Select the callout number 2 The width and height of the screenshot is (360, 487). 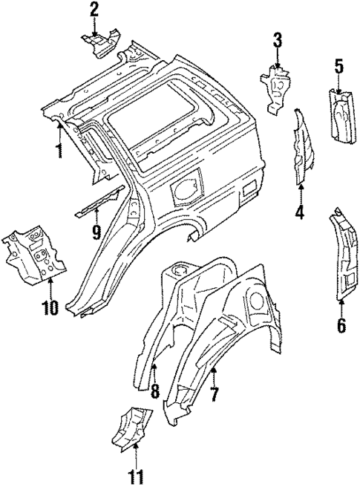94,10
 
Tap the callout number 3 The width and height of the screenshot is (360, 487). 277,40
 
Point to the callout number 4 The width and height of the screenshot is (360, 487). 301,213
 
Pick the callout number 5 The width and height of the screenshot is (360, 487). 338,67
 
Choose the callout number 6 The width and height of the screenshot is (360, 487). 341,325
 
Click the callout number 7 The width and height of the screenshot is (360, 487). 214,393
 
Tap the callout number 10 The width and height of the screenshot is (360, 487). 50,306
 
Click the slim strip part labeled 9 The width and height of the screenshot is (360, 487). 99,201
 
